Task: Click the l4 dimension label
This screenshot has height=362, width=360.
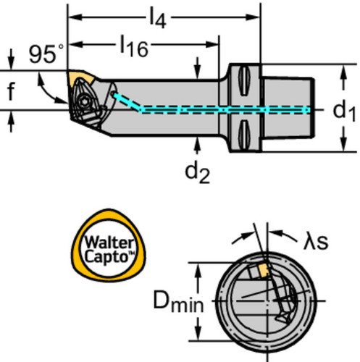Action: (x=158, y=18)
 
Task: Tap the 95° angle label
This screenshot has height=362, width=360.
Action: (x=46, y=54)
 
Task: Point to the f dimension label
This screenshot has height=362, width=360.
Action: (x=11, y=91)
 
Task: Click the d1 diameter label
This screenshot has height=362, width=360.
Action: (x=344, y=111)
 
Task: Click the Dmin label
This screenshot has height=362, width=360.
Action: (x=178, y=301)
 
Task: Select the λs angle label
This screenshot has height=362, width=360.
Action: (x=316, y=242)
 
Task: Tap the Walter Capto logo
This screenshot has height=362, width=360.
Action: (x=109, y=245)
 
